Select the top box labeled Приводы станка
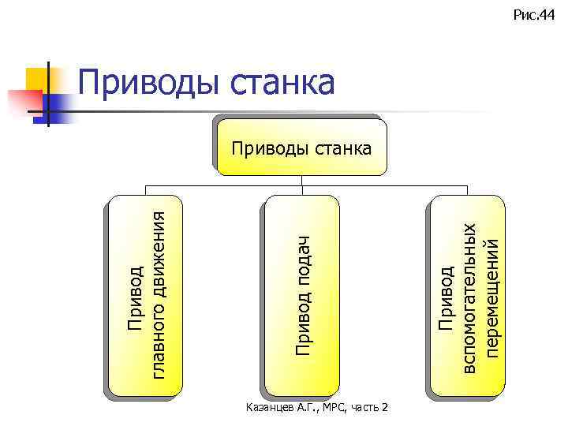[x=303, y=147]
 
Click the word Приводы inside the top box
[x=267, y=147]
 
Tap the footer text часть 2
[x=368, y=407]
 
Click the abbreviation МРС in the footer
[x=326, y=407]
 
